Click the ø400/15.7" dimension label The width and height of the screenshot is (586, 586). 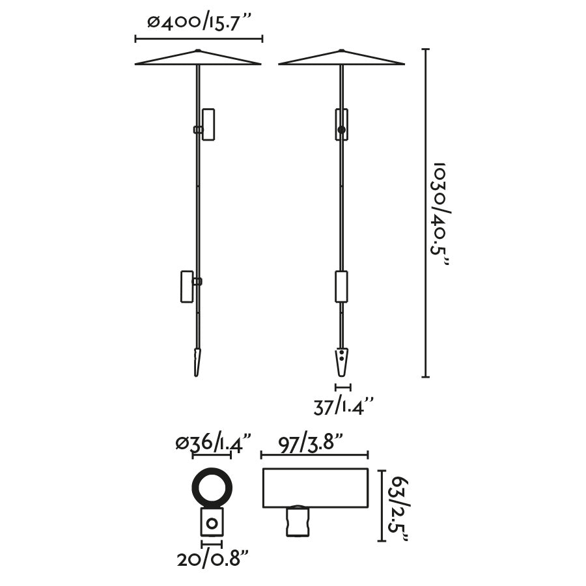click(x=199, y=23)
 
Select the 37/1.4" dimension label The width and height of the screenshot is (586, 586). click(x=342, y=407)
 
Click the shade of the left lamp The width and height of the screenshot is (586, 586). click(x=198, y=59)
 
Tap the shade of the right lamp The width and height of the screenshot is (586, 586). click(x=341, y=59)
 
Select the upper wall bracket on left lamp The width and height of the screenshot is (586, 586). click(x=208, y=124)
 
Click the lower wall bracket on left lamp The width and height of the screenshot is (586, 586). click(x=187, y=286)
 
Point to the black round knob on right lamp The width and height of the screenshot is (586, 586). click(x=341, y=130)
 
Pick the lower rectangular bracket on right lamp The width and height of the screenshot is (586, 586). click(x=341, y=286)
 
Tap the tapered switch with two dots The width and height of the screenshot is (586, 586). click(x=341, y=361)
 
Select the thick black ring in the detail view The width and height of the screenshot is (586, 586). click(x=212, y=488)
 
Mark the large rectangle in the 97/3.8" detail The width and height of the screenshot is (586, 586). click(x=315, y=488)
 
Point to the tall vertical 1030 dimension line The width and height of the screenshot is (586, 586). click(x=426, y=213)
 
